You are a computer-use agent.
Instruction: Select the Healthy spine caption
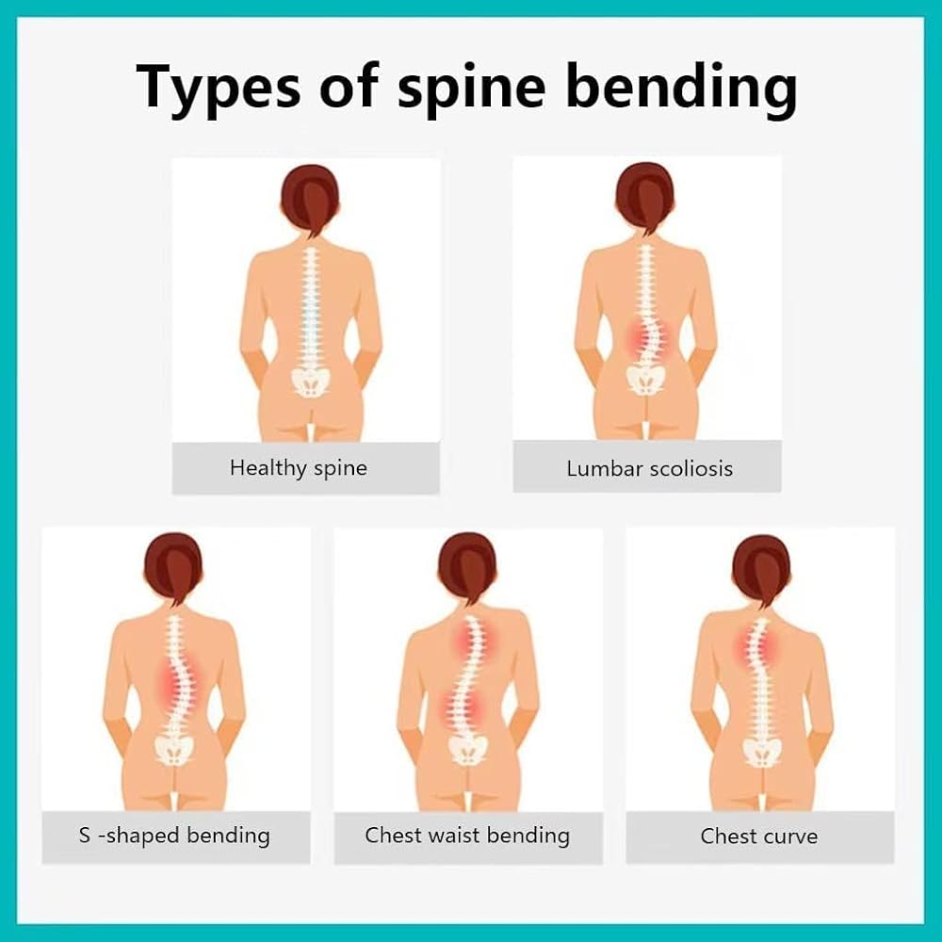[x=299, y=467]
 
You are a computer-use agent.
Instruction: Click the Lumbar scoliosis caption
[x=649, y=468]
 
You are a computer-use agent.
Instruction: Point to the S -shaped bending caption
[x=174, y=835]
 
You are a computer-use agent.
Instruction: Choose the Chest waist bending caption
[x=467, y=835]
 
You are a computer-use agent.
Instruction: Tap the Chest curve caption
[x=758, y=836]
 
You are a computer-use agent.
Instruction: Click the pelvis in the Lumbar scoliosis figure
[x=645, y=379]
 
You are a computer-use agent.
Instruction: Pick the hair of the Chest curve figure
[x=760, y=566]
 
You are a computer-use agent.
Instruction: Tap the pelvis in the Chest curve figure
[x=761, y=750]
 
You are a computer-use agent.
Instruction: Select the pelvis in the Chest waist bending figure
[x=467, y=750]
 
